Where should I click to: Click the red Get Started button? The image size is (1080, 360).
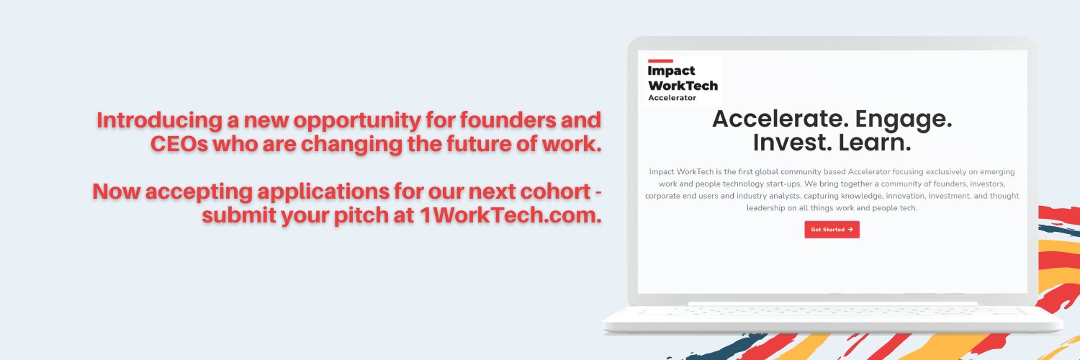pos(832,230)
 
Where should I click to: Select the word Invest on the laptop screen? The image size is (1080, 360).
pos(787,143)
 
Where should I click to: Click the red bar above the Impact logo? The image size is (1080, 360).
pos(660,60)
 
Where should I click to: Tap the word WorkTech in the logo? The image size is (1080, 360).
pos(683,85)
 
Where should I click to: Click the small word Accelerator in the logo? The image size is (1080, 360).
pos(672,98)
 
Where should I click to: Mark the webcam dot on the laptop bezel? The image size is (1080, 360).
pos(833,44)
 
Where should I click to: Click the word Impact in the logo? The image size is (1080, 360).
pos(671,71)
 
